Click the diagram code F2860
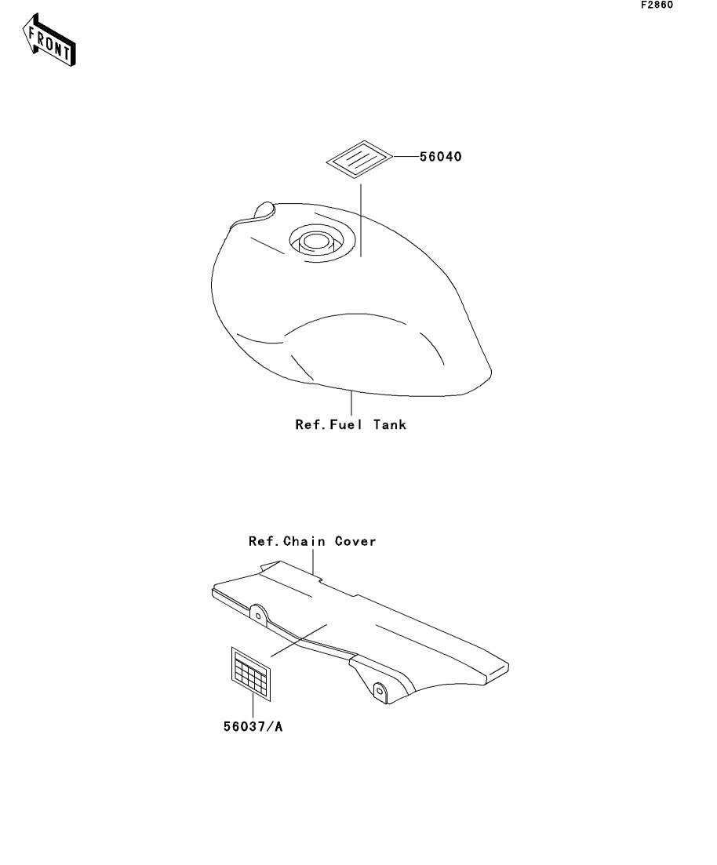point(657,5)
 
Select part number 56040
point(440,157)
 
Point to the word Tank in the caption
point(390,425)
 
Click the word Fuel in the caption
point(348,425)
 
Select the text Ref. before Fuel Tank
point(309,425)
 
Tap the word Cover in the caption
point(355,541)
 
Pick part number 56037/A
point(253,727)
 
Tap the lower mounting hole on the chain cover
point(380,691)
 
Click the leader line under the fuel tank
point(352,403)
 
